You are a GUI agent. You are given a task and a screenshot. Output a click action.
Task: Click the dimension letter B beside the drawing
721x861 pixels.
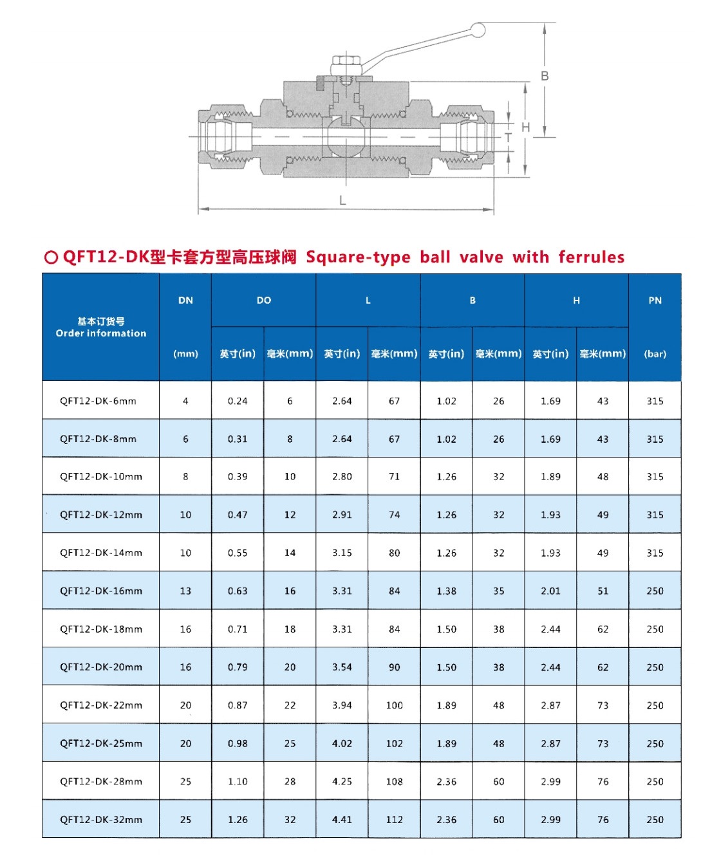(545, 76)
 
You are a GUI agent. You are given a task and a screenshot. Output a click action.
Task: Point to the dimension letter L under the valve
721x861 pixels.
(342, 201)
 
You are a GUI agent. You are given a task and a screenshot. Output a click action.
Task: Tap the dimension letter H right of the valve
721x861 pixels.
(525, 127)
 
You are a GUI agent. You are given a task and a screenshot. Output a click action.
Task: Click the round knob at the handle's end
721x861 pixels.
(478, 30)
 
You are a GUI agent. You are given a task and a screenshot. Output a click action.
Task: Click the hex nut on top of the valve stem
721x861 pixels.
(346, 66)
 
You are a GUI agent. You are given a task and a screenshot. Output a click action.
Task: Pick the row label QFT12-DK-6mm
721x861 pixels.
(98, 401)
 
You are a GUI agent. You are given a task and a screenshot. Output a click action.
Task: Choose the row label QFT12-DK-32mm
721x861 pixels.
(100, 820)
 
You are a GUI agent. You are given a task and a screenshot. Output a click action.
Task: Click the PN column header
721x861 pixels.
(655, 301)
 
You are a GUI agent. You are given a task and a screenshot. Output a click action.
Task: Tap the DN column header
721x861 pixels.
(185, 301)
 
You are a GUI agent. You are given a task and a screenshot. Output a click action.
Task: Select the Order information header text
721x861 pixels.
(101, 333)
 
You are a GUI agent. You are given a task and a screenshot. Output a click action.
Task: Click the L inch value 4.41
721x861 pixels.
(342, 820)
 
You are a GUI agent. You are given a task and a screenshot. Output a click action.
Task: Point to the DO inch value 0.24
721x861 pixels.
(238, 401)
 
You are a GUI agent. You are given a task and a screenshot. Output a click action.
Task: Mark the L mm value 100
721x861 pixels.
(394, 705)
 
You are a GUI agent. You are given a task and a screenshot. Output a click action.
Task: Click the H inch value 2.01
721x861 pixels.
(550, 591)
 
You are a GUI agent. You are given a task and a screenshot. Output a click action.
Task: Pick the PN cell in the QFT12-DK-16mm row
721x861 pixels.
(655, 591)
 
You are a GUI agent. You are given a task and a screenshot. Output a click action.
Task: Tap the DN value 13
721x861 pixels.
(185, 591)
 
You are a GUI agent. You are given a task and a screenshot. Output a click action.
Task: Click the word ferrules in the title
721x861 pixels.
(591, 257)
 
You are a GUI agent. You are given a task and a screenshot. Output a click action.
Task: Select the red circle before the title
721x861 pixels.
(51, 257)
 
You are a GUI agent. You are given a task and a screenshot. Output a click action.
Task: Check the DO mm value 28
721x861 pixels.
(290, 781)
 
